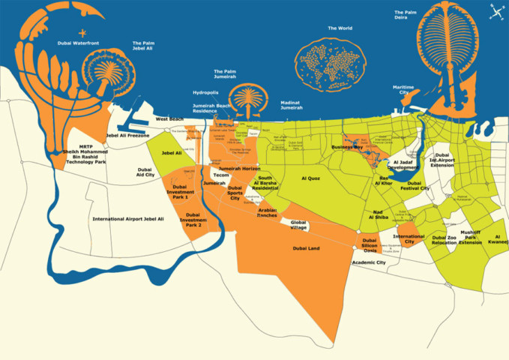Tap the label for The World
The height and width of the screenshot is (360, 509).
click(x=340, y=28)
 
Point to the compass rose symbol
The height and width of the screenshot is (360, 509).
click(x=496, y=10)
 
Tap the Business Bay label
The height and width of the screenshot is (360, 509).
click(x=347, y=148)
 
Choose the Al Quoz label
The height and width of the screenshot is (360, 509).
click(x=310, y=178)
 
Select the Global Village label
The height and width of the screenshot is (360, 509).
click(x=299, y=225)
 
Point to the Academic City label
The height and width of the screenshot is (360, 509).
click(x=369, y=262)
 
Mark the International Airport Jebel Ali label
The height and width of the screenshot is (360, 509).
click(x=128, y=219)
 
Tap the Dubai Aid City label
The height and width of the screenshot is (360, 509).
click(x=145, y=172)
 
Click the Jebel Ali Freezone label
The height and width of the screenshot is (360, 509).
click(x=128, y=136)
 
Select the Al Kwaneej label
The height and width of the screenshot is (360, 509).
click(x=498, y=240)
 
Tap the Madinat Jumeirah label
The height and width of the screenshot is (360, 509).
click(x=292, y=105)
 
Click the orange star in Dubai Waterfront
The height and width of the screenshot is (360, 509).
click(x=82, y=32)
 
